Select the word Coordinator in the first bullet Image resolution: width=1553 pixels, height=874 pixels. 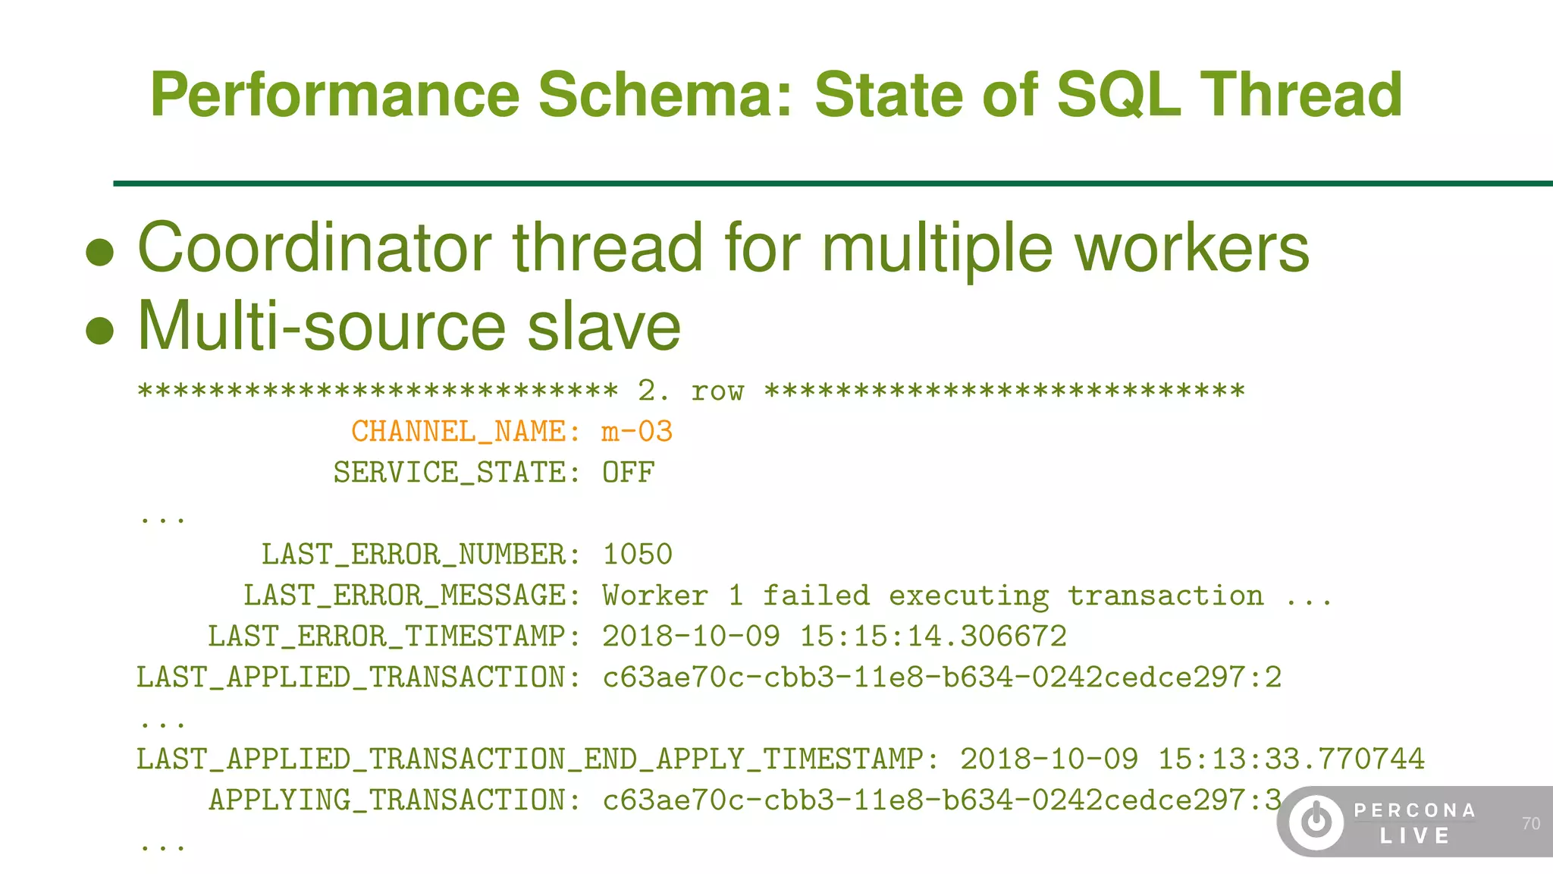(x=314, y=248)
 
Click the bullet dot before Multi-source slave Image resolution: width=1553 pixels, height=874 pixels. (x=100, y=331)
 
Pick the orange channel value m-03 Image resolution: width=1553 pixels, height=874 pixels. (x=637, y=432)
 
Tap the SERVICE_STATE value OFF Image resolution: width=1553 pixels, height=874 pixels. (x=629, y=473)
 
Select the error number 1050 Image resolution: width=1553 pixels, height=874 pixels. (x=637, y=555)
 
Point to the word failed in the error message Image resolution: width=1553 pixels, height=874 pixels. (x=816, y=596)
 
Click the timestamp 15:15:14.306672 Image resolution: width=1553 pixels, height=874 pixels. (x=933, y=637)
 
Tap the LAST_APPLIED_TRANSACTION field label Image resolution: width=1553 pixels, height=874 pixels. (x=359, y=678)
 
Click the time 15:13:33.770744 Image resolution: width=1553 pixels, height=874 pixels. (x=1291, y=759)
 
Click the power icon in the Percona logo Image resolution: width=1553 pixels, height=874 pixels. (x=1316, y=822)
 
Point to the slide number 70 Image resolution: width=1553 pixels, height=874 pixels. (x=1530, y=824)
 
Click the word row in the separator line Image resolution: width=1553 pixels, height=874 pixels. (x=717, y=391)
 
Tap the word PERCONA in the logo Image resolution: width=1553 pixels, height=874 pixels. (x=1415, y=811)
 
